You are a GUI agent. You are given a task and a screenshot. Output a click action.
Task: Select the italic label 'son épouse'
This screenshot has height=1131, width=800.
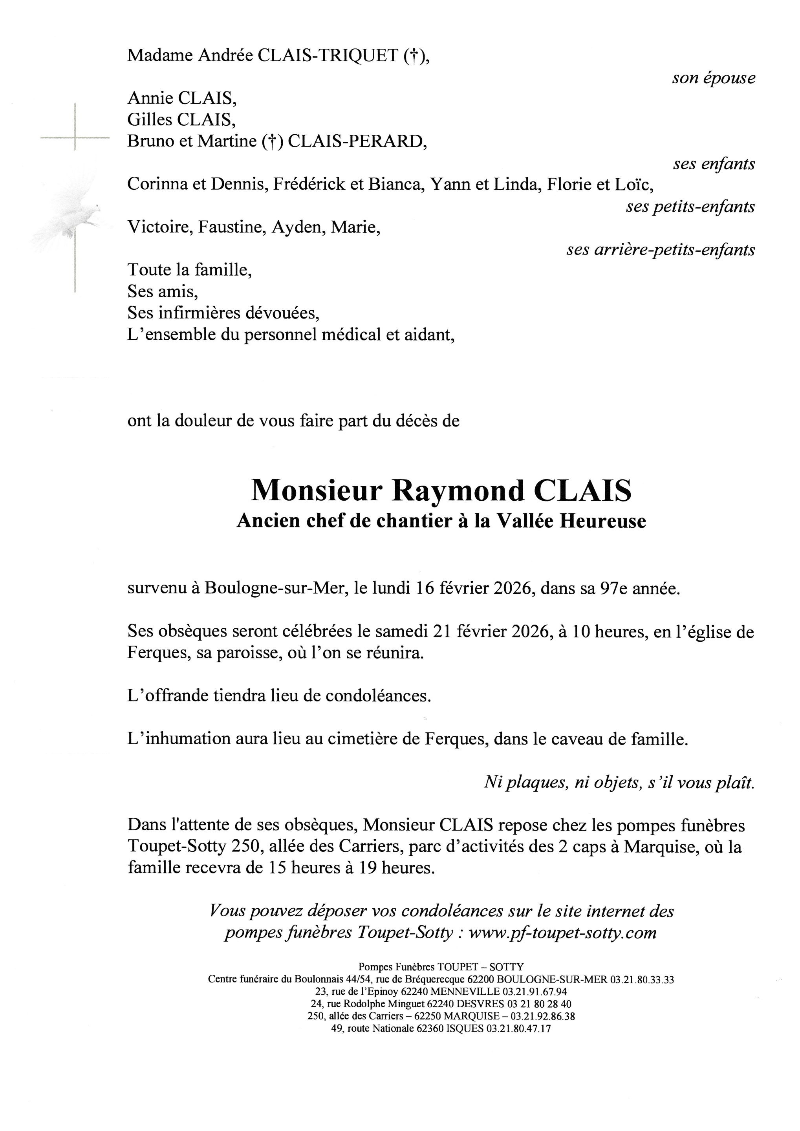point(713,78)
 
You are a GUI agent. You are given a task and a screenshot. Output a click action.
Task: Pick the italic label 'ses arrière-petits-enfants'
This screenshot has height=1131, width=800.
point(660,250)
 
